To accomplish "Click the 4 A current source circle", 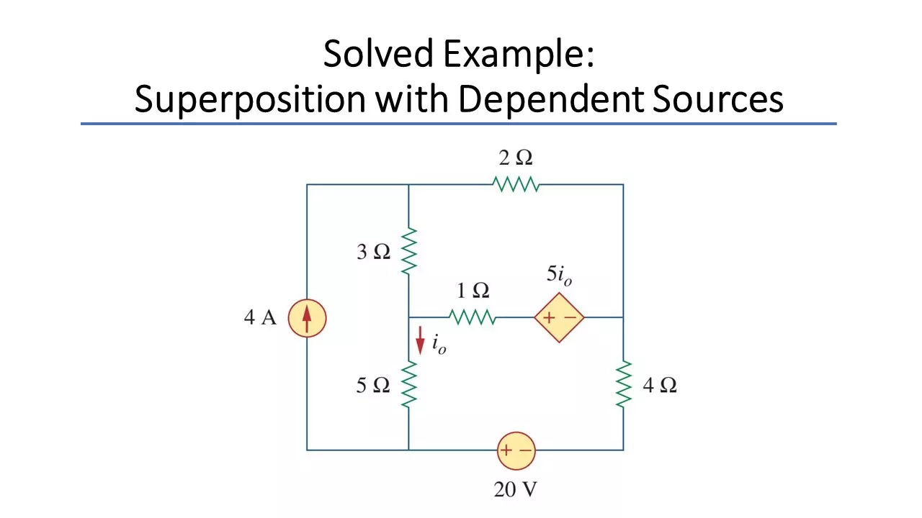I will pos(307,318).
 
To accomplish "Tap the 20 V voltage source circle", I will pos(516,450).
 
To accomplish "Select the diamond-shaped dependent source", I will pos(559,317).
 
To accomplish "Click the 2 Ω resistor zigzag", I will pos(516,185).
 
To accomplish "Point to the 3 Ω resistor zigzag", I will pos(408,251).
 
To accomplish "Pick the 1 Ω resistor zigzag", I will pos(472,317).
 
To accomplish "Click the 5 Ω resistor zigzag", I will pos(408,385).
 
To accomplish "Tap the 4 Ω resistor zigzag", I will pos(623,385).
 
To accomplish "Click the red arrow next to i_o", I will pos(420,340).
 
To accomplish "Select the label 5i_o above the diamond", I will pos(559,276).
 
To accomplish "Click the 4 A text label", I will pos(260,318).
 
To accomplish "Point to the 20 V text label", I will pos(515,490).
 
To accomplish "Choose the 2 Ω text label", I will pos(516,158).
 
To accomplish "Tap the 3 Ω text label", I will pos(373,252).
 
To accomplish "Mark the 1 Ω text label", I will pos(473,291).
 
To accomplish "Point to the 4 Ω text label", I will pos(659,386).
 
